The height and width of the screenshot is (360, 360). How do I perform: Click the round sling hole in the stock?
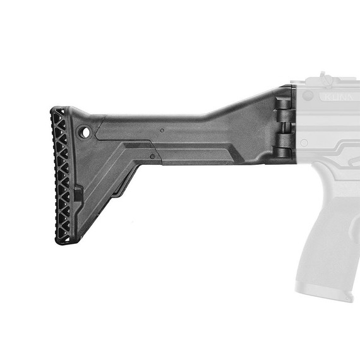click(x=84, y=132)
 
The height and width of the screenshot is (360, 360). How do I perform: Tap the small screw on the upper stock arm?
click(x=162, y=130)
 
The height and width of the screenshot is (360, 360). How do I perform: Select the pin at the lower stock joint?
click(x=152, y=156)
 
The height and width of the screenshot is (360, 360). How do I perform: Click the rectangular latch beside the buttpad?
click(x=78, y=193)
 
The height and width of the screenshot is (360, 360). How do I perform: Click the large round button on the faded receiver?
click(x=308, y=96)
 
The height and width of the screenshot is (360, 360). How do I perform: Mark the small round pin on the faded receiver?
click(x=304, y=143)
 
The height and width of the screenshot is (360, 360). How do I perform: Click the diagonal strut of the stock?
click(x=111, y=183)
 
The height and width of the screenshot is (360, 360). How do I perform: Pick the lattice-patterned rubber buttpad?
click(x=62, y=177)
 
